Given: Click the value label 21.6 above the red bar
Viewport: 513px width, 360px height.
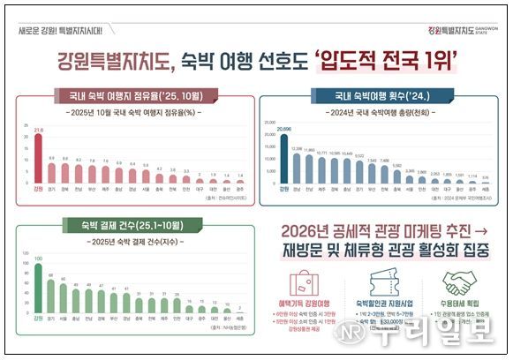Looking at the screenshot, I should (37, 130).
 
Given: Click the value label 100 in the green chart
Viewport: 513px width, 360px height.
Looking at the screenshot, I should (37, 259).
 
